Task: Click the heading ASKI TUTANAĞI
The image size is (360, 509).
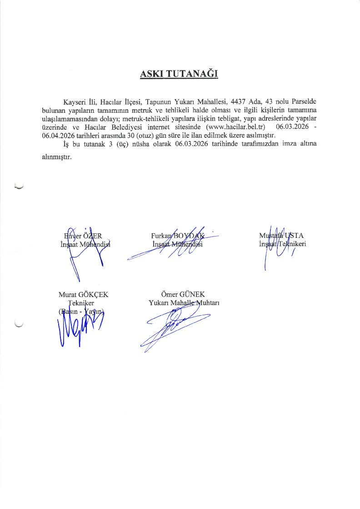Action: pos(179,74)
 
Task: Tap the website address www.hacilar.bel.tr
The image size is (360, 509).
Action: pos(235,126)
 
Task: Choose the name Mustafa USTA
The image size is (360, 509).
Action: pos(281,236)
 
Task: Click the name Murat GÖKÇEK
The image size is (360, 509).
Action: pos(83,295)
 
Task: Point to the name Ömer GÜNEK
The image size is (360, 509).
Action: pos(179,294)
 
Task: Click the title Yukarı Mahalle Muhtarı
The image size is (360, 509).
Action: pos(184,303)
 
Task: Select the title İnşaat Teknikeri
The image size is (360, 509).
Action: pos(281,244)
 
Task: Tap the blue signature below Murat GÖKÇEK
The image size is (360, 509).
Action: pos(77,328)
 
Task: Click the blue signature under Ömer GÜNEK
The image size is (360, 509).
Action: pos(175,325)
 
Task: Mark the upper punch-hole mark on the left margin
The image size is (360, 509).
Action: pos(19,186)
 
